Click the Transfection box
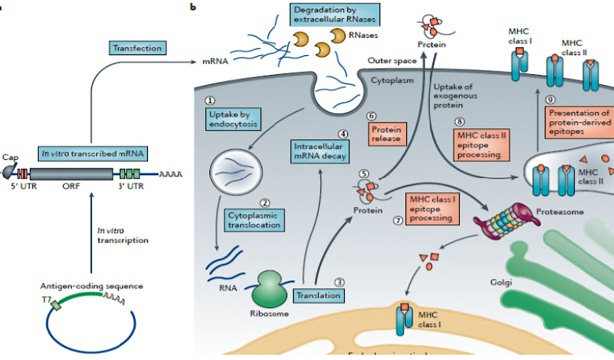pos(137,49)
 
